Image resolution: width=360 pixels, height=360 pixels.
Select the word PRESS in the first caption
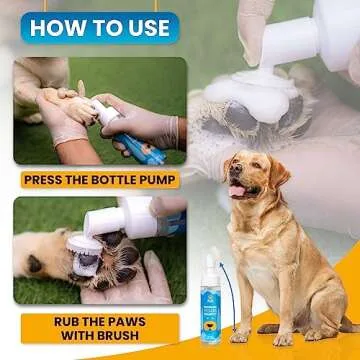click(48, 181)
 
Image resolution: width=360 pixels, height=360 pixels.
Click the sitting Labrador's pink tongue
click(238, 191)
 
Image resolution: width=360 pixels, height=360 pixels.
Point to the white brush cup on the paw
click(84, 255)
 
